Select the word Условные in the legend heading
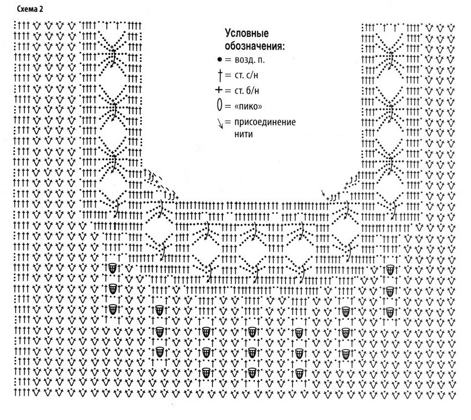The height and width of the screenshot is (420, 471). pyautogui.click(x=246, y=34)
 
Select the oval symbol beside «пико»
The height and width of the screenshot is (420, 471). pyautogui.click(x=219, y=105)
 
